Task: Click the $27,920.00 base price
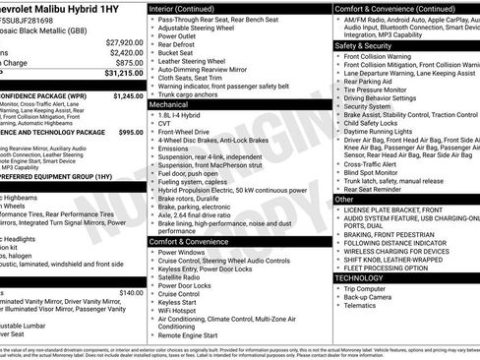tap(122, 42)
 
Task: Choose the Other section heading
tap(344, 199)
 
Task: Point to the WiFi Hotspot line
tap(180, 311)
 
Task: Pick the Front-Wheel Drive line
tap(188, 129)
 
